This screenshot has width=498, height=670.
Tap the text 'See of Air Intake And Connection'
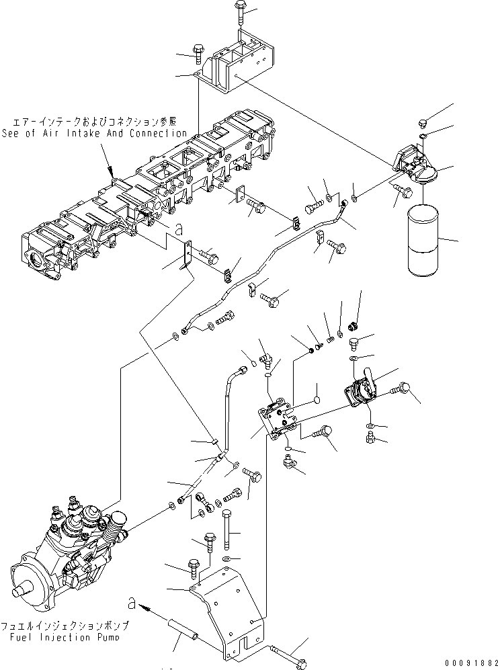pyautogui.click(x=93, y=133)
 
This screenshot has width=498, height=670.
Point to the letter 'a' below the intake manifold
pyautogui.click(x=177, y=229)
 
